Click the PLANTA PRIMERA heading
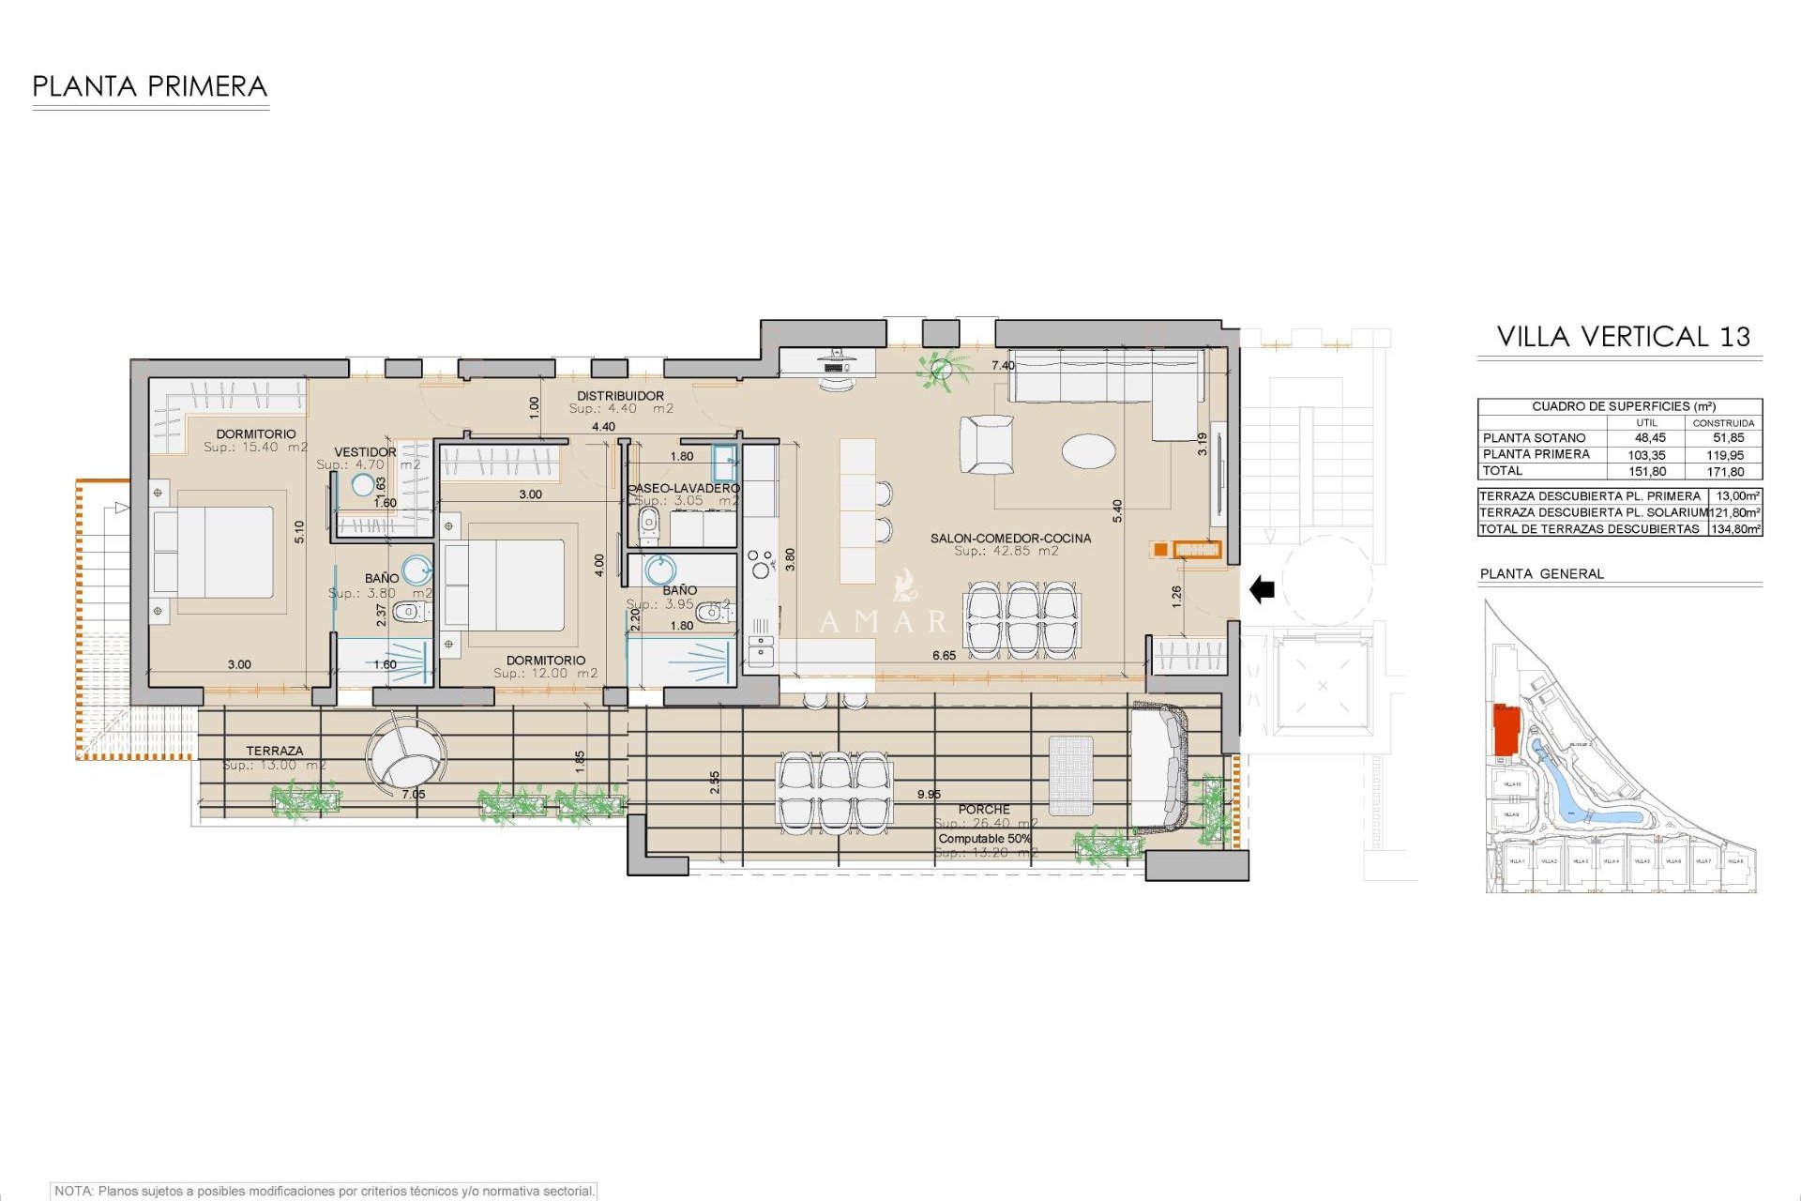click(x=150, y=86)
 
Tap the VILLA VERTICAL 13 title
click(x=1623, y=337)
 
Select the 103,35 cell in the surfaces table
click(x=1646, y=455)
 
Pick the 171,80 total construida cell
click(x=1725, y=472)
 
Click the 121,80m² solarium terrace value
click(x=1734, y=512)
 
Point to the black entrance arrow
click(x=1262, y=590)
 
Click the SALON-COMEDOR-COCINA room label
click(x=1010, y=539)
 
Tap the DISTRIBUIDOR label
click(x=620, y=396)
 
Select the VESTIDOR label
click(x=365, y=452)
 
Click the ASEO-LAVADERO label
click(x=685, y=488)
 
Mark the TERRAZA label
click(x=274, y=751)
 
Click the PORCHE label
click(x=984, y=809)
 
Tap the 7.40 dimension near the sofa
click(x=1003, y=366)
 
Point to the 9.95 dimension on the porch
click(x=929, y=795)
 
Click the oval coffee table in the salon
click(x=1088, y=450)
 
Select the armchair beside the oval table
click(x=987, y=445)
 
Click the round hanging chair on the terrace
click(x=405, y=756)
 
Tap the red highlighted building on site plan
click(x=1506, y=730)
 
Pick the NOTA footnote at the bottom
click(x=324, y=1191)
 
